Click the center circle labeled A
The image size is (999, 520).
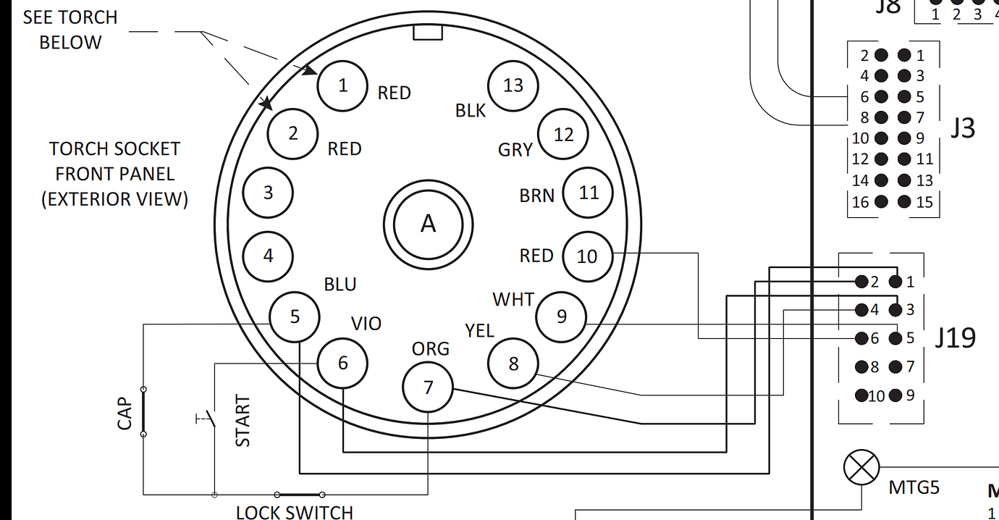428,224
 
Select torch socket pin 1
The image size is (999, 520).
342,85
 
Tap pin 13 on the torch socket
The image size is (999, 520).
513,85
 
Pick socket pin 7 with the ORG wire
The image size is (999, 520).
428,387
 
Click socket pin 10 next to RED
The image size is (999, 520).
587,256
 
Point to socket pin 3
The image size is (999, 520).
268,193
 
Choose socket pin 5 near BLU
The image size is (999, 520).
295,317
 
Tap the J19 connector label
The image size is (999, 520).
955,337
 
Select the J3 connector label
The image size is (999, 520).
962,127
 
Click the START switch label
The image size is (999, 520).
243,421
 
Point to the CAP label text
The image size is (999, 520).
125,413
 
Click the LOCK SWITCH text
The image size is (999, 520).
294,512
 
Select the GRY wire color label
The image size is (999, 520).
515,150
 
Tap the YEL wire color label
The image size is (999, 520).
479,331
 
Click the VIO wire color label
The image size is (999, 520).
366,324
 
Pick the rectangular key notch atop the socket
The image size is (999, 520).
427,33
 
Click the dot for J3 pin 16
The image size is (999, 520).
881,201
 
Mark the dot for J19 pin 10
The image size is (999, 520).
861,395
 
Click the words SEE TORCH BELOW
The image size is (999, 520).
69,30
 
